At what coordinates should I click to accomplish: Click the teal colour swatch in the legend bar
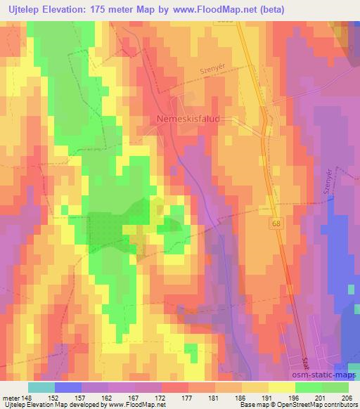click(x=41, y=387)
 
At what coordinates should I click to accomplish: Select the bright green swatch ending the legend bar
click(x=335, y=387)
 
